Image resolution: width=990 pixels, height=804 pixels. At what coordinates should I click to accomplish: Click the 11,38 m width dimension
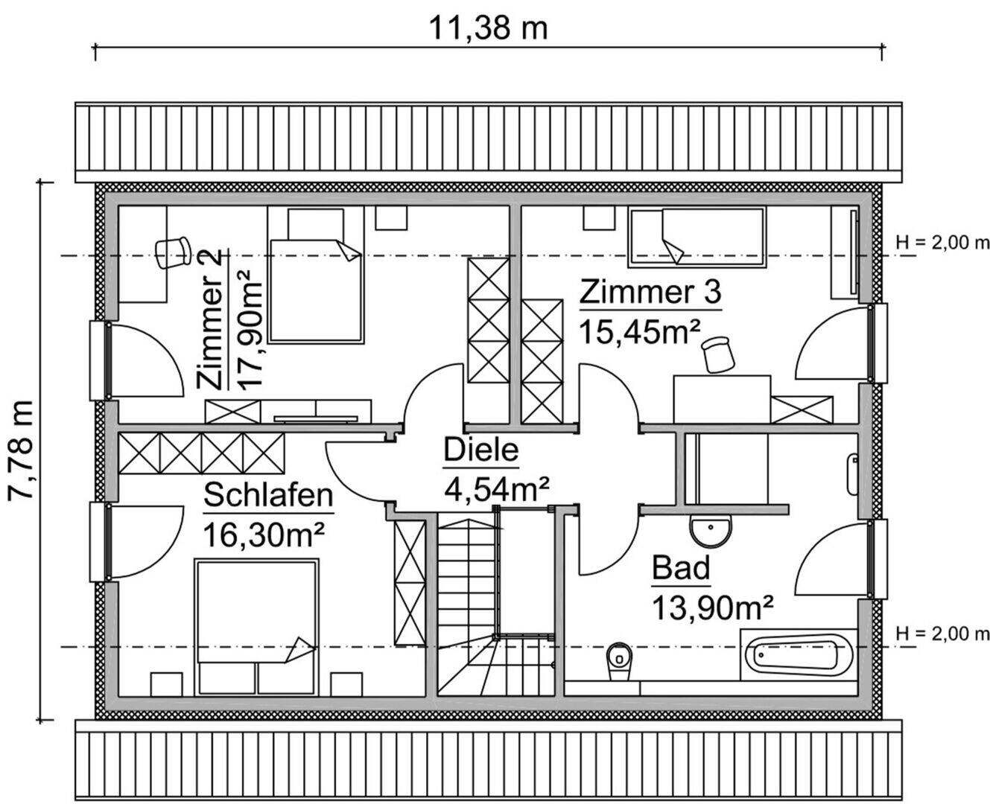click(488, 28)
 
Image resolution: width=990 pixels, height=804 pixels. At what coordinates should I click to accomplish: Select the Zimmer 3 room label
click(650, 292)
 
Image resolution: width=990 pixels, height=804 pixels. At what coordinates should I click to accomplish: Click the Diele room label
click(480, 451)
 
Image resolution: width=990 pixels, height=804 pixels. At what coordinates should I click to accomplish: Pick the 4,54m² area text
click(496, 489)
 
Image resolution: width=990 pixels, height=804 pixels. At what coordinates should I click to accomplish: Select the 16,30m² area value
click(264, 535)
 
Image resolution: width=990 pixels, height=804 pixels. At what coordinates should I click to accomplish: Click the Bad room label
click(681, 569)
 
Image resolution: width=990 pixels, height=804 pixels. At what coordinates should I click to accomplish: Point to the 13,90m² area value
click(711, 607)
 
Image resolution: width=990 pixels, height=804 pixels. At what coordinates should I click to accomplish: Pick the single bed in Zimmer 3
click(697, 237)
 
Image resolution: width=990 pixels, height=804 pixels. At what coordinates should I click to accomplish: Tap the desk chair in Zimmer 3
click(718, 353)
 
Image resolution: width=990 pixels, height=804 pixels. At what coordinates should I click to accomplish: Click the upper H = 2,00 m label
click(942, 243)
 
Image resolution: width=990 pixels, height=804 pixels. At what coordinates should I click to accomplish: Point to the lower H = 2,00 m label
click(942, 634)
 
